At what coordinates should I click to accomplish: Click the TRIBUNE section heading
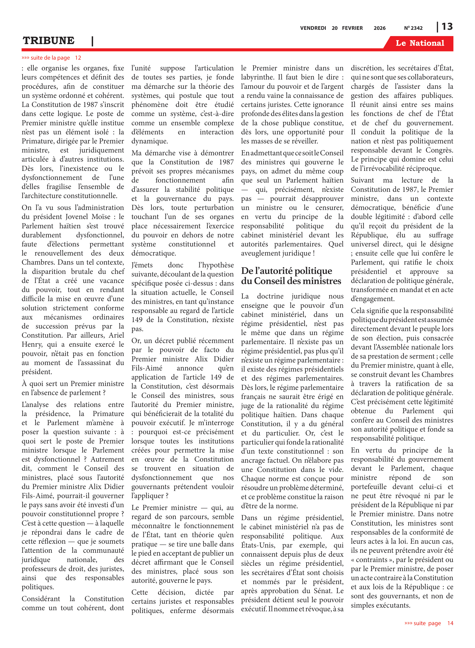[x=49, y=41]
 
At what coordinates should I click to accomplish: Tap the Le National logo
[x=420, y=43]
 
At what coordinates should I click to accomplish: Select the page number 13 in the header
[x=447, y=27]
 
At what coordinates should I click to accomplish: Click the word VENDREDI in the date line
[x=313, y=28]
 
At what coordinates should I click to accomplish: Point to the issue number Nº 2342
[x=413, y=28]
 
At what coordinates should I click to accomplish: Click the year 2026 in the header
[x=380, y=28]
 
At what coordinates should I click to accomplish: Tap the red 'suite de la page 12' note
[x=51, y=58]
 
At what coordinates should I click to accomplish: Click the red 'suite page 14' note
[x=428, y=623]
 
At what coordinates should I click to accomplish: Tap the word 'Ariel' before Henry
[x=116, y=335]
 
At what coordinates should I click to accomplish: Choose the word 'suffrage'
[x=441, y=235]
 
